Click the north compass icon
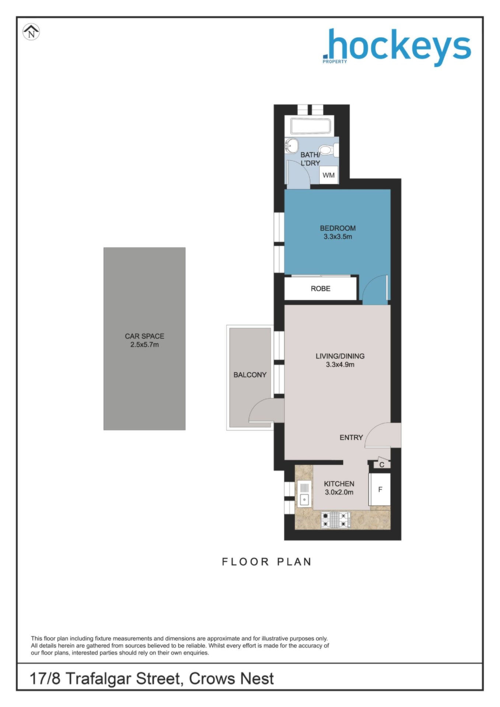31,32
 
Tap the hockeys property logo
397,48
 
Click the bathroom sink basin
291,146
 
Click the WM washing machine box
329,175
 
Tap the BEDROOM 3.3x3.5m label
338,232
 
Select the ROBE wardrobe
321,288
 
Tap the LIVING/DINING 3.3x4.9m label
340,360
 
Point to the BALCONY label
250,375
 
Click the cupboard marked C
382,464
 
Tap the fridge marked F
380,489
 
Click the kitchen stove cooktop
335,520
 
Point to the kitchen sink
304,495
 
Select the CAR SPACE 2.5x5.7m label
144,340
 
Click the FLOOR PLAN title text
267,562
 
